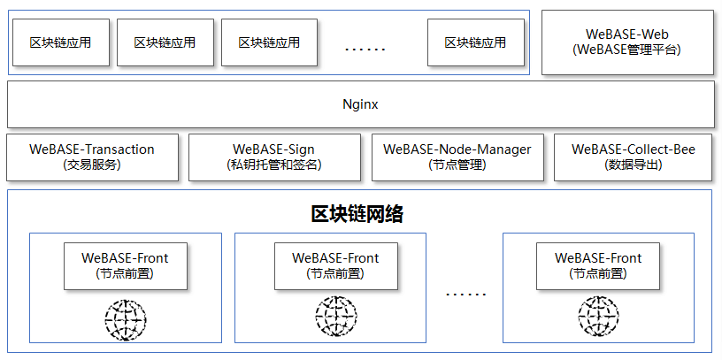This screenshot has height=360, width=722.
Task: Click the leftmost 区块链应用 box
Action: [59, 42]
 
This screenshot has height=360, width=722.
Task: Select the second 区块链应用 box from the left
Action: [164, 42]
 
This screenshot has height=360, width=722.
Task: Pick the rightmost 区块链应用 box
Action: [475, 42]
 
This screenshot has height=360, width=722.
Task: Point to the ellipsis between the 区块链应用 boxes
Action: [365, 48]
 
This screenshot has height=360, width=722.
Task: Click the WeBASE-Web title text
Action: [626, 34]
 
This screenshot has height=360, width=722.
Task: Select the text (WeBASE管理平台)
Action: [626, 50]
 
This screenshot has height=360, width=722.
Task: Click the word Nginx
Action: [360, 104]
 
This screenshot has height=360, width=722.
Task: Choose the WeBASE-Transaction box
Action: [92, 157]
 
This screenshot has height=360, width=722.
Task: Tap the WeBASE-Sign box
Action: [274, 157]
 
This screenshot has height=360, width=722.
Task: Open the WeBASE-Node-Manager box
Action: [457, 157]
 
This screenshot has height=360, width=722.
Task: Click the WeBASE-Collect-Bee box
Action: [634, 157]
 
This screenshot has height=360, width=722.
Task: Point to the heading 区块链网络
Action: [357, 214]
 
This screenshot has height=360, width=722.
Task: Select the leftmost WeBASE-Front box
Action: [125, 265]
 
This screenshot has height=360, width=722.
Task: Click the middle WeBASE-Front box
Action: [335, 265]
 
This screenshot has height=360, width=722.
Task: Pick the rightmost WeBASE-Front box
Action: [598, 265]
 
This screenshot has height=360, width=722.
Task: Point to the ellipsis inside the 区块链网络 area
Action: [465, 293]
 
